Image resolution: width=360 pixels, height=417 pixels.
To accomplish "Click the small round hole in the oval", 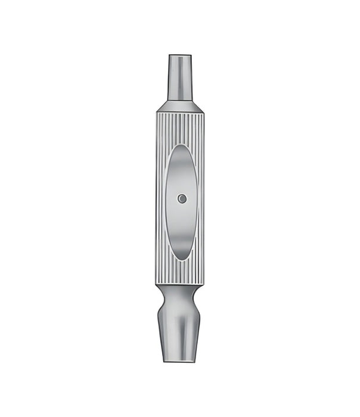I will click(182, 198).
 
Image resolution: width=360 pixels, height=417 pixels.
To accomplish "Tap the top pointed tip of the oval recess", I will click(181, 145).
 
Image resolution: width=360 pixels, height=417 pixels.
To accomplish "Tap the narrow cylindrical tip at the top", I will click(180, 77).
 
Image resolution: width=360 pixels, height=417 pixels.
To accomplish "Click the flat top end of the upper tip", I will click(180, 55).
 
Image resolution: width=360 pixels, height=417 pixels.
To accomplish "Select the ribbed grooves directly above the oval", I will click(181, 128).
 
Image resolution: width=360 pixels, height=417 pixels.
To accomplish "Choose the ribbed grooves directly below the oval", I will click(181, 273).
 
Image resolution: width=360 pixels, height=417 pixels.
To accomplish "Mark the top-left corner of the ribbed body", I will click(157, 113).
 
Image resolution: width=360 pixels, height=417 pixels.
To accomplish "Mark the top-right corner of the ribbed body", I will click(203, 113).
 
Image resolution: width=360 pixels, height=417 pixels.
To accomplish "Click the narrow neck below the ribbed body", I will click(180, 298).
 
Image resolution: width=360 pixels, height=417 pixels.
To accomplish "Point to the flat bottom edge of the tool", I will click(179, 361).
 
